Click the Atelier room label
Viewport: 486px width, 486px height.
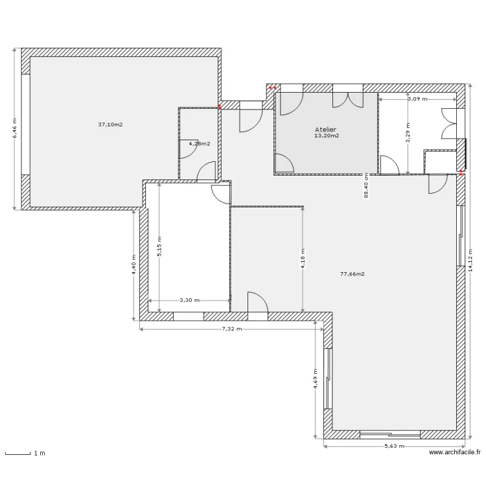point(325,130)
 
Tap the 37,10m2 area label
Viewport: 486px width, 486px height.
point(110,124)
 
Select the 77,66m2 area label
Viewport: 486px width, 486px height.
point(353,274)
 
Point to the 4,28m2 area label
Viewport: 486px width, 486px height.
point(200,143)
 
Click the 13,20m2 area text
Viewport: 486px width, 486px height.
point(327,136)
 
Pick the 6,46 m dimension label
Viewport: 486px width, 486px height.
point(14,129)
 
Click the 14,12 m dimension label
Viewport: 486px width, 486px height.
point(470,260)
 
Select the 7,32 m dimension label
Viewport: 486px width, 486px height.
point(232,329)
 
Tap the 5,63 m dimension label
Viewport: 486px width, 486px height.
point(394,446)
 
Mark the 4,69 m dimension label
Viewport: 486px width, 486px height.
point(315,379)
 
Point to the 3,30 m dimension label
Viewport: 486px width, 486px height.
point(190,300)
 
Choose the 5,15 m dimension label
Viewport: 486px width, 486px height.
point(159,246)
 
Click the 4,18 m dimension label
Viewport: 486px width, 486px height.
point(303,259)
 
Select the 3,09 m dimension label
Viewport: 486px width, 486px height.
point(417,99)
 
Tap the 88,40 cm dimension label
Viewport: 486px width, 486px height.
point(366,186)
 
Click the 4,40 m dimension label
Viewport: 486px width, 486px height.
point(133,264)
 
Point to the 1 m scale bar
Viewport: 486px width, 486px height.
point(17,454)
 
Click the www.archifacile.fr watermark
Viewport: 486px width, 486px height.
point(455,452)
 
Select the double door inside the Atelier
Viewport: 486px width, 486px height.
point(348,100)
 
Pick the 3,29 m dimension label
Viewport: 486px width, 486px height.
point(408,132)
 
